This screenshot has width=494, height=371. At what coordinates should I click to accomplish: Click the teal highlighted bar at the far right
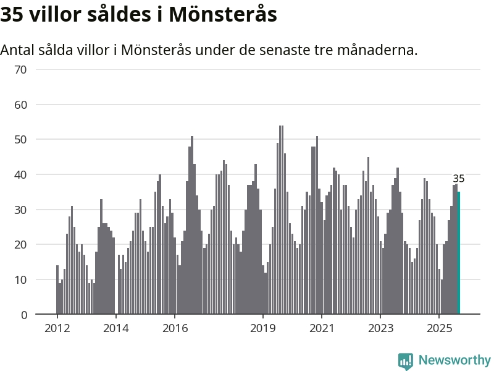459,254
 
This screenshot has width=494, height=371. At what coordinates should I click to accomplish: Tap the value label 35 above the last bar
458,179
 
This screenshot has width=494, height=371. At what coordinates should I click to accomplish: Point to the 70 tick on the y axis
20,69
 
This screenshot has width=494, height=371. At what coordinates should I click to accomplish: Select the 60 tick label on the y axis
20,104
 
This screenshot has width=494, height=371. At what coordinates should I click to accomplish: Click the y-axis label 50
20,140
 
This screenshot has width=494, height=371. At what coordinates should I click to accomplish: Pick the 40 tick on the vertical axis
20,175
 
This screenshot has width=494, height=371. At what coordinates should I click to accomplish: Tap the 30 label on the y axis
20,210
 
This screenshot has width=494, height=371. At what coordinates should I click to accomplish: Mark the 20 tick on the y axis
20,245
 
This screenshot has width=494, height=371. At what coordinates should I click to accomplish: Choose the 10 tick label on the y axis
20,280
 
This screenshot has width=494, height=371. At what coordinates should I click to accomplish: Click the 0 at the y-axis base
23,315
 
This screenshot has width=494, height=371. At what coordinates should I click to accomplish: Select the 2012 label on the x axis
57,328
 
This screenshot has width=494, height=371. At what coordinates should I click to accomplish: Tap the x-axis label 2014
115,328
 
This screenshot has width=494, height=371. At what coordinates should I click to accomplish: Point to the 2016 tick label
175,328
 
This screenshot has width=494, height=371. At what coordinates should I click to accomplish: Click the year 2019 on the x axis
263,328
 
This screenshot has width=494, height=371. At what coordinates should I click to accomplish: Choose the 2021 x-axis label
322,328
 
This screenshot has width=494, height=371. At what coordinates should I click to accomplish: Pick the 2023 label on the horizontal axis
380,328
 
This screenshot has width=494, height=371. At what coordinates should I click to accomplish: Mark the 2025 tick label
439,328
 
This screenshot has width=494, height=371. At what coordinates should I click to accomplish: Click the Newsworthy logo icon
406,360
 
